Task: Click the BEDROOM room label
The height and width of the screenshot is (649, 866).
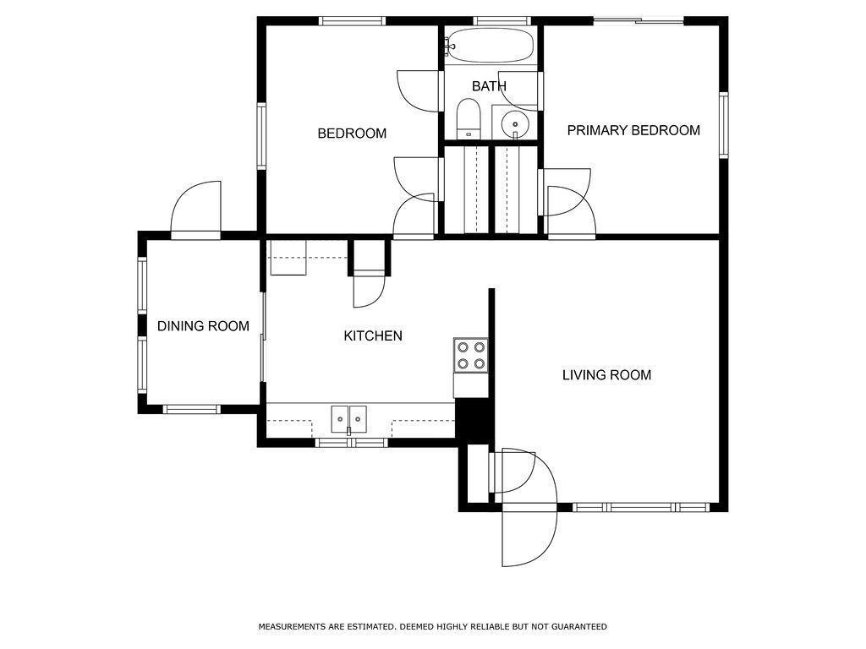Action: point(352,133)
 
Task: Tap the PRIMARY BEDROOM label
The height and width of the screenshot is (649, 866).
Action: point(633,130)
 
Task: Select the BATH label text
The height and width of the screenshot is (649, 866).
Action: point(490,86)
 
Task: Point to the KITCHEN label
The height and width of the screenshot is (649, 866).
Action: point(373,335)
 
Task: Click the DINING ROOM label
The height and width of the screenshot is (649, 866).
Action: point(203,326)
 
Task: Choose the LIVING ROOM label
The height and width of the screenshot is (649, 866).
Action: point(606,375)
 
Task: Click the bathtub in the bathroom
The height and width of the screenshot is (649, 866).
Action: point(490,46)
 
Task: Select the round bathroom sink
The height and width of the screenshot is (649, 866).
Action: point(515,122)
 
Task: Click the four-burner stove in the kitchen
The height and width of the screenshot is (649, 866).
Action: point(471,356)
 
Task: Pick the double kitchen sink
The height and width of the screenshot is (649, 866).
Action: point(349,419)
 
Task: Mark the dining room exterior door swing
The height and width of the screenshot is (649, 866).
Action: point(196,210)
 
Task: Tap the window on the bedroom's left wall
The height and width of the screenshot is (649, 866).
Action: point(261,136)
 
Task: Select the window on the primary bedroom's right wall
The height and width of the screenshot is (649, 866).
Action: point(723,125)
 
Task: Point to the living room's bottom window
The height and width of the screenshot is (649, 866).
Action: point(641,507)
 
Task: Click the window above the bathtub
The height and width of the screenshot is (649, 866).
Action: point(502,21)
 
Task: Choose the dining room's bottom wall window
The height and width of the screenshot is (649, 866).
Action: point(192,410)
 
